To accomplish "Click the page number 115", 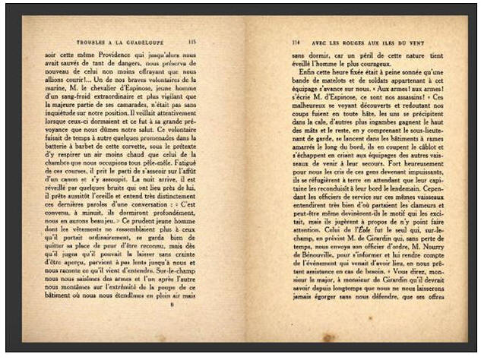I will [192, 41].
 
